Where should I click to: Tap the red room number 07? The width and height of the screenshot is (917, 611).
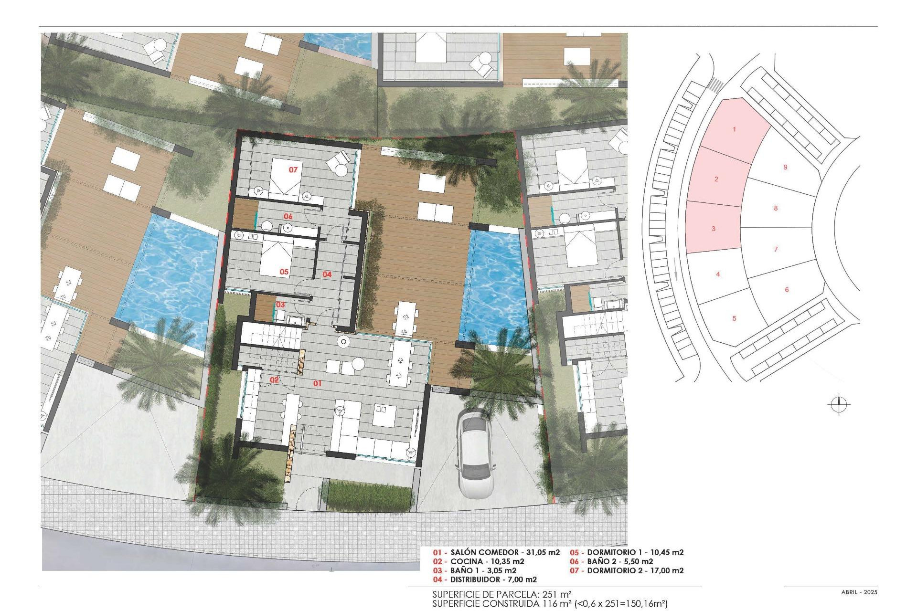293,169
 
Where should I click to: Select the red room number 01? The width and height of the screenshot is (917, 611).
317,383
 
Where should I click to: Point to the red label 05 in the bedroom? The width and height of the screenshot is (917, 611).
284,272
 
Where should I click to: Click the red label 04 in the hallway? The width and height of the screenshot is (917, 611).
327,274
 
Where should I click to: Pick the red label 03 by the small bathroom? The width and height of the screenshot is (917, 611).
280,305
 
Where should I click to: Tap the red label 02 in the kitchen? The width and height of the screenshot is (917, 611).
274,380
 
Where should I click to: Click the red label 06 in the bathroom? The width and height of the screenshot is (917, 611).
288,216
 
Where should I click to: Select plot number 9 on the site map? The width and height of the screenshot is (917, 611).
785,167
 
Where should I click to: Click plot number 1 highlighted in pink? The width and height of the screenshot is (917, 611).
734,129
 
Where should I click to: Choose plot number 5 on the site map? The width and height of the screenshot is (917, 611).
734,318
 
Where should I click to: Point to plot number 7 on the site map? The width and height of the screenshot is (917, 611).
776,249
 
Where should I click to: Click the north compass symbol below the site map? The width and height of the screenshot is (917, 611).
839,405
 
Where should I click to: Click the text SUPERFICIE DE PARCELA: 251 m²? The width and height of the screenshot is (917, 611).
501,594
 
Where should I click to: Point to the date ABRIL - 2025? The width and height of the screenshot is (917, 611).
859,592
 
